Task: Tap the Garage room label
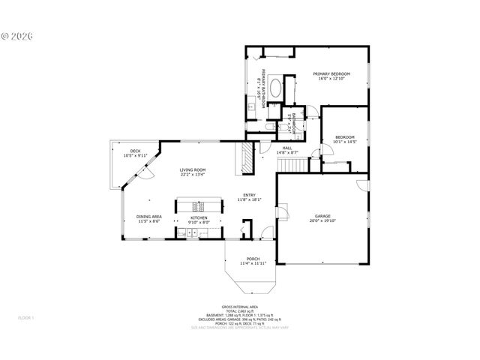(x=323, y=215)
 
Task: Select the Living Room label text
(x=192, y=170)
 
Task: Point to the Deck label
(x=135, y=151)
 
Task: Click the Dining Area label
(x=148, y=217)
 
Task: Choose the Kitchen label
(x=199, y=217)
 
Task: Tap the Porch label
(x=253, y=259)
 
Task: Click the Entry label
(x=248, y=196)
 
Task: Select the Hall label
(x=286, y=148)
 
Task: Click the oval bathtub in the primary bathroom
(x=275, y=88)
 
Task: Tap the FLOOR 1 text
(x=26, y=318)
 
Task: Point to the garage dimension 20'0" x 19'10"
(x=323, y=220)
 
